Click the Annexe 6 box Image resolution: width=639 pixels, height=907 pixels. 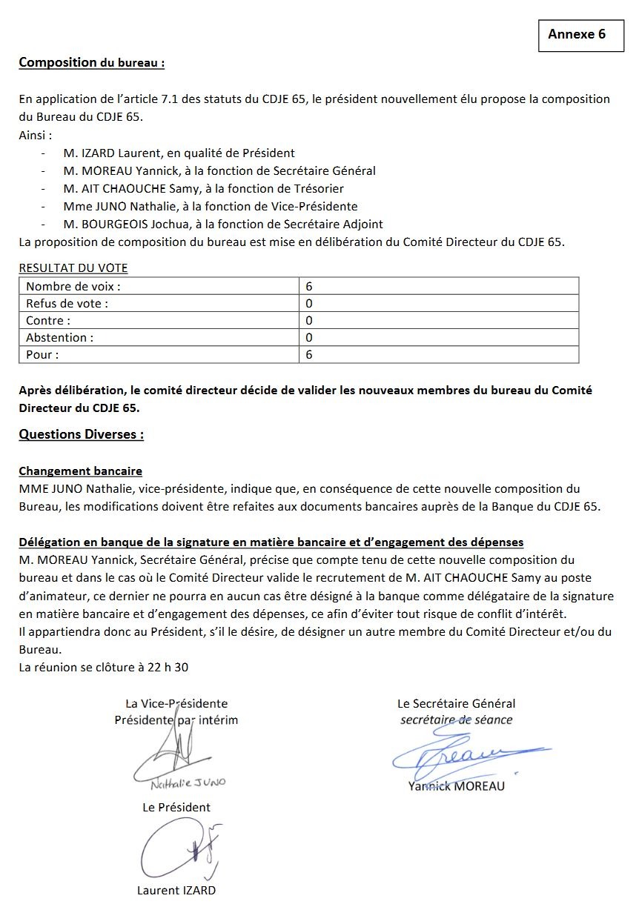click(x=580, y=34)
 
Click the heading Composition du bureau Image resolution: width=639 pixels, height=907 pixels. click(x=91, y=62)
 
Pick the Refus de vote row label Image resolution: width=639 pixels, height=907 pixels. click(x=67, y=303)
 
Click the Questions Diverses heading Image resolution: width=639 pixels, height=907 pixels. click(x=81, y=434)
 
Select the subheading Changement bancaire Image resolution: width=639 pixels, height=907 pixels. click(x=80, y=471)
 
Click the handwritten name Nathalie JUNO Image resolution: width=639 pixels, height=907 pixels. click(x=188, y=783)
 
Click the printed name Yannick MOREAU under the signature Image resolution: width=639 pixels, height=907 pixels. click(x=456, y=785)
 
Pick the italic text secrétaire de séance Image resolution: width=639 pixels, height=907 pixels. click(x=456, y=720)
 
